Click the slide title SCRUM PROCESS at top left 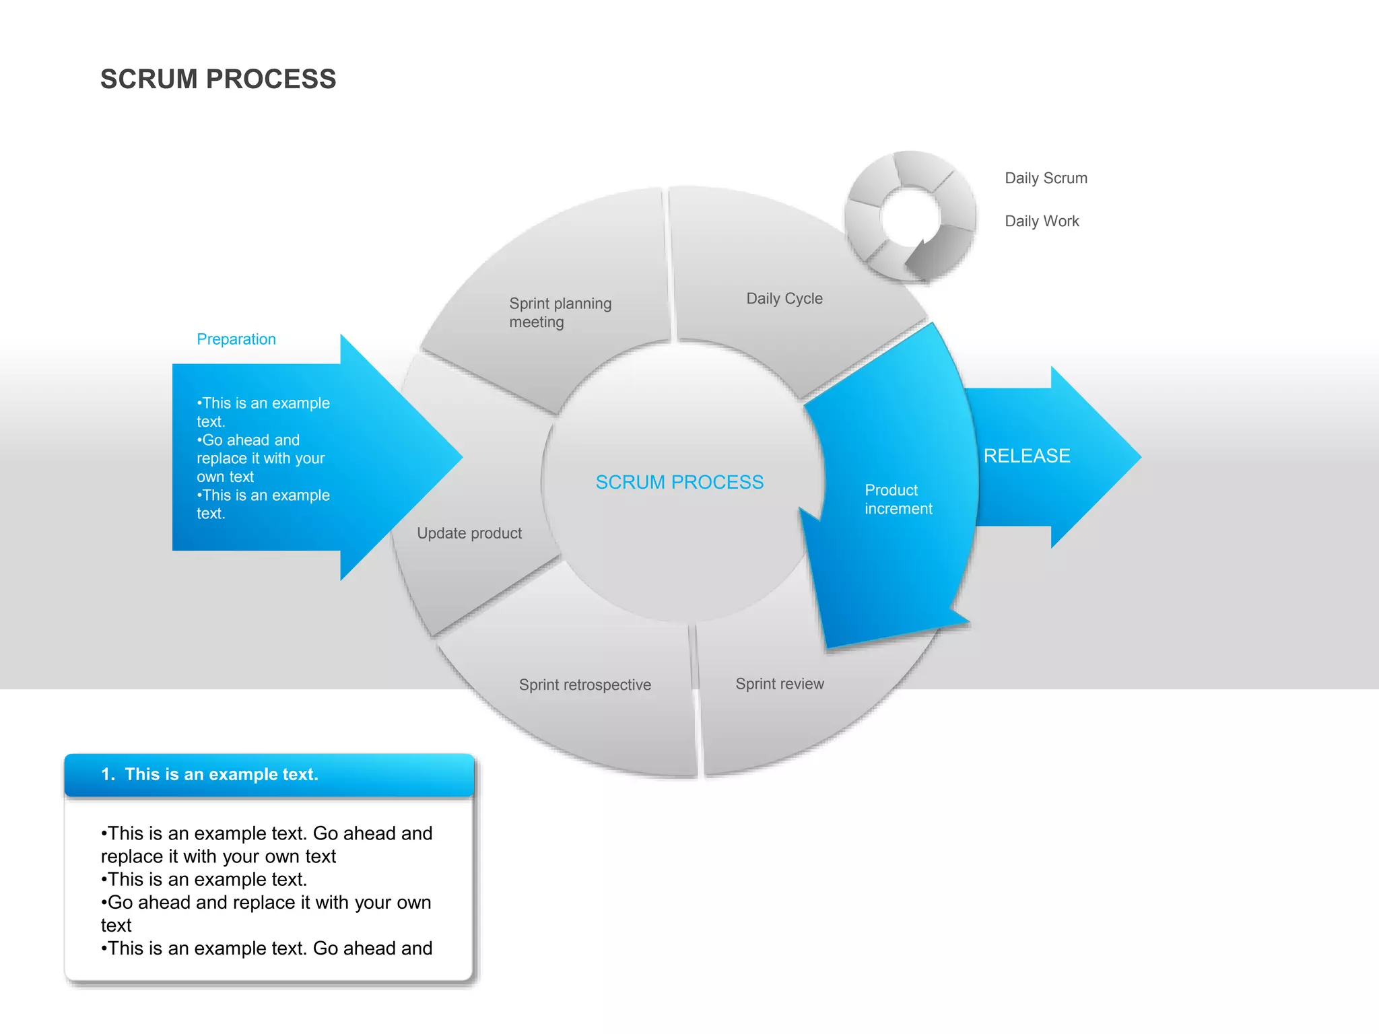click(x=218, y=79)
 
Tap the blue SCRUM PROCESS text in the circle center click(x=679, y=482)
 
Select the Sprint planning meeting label click(x=560, y=312)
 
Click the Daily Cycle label click(x=784, y=298)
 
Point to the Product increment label click(x=898, y=499)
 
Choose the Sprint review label click(x=780, y=684)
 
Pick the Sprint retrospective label click(x=584, y=685)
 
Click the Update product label click(x=469, y=533)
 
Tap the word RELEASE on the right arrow click(x=1027, y=456)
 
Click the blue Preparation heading click(x=236, y=339)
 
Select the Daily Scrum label click(x=1046, y=178)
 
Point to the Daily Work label click(x=1042, y=221)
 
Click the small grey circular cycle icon click(x=910, y=215)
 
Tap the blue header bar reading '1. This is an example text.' click(x=269, y=774)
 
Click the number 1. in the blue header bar click(x=108, y=774)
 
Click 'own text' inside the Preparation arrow click(x=225, y=477)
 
